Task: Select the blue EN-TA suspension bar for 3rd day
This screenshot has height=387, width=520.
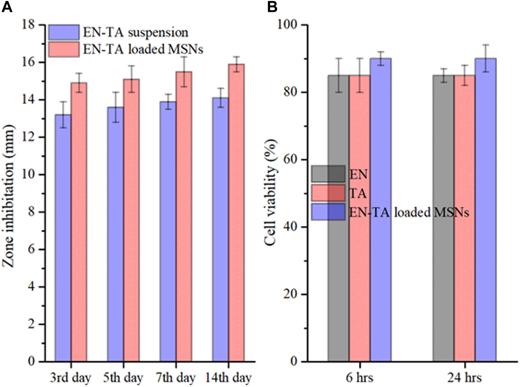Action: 63,237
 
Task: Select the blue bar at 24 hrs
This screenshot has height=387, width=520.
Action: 485,210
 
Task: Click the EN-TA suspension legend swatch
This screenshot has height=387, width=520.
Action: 64,32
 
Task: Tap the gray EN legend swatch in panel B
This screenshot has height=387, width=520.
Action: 328,174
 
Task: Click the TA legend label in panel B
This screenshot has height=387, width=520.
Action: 358,193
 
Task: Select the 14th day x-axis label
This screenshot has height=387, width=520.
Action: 228,378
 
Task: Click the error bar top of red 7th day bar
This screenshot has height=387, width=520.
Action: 184,57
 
